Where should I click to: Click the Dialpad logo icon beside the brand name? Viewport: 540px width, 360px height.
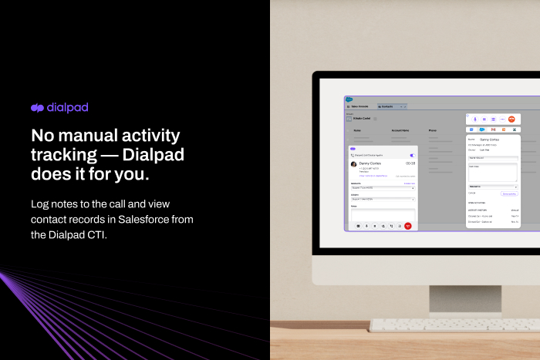pyautogui.click(x=37, y=109)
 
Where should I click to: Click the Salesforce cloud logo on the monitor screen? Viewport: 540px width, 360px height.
pyautogui.click(x=348, y=99)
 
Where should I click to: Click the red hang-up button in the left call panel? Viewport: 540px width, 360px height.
pyautogui.click(x=408, y=226)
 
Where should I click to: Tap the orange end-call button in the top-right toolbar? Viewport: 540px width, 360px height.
pyautogui.click(x=511, y=119)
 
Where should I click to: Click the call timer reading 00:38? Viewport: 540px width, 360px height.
pyautogui.click(x=410, y=163)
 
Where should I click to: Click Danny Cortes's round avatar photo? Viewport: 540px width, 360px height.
pyautogui.click(x=354, y=164)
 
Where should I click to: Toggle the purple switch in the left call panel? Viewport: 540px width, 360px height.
pyautogui.click(x=411, y=155)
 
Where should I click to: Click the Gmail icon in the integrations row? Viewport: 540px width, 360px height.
pyautogui.click(x=493, y=130)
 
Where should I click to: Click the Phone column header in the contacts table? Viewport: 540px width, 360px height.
pyautogui.click(x=432, y=131)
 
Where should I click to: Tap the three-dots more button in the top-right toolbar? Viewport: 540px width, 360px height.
pyautogui.click(x=502, y=119)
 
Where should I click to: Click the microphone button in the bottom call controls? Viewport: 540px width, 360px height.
pyautogui.click(x=366, y=226)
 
